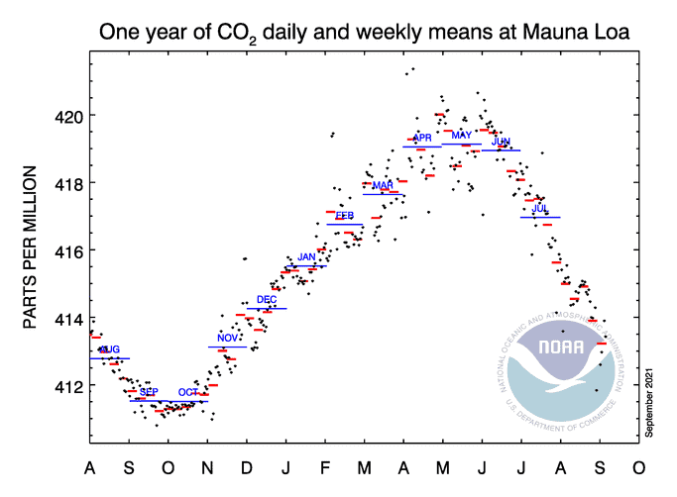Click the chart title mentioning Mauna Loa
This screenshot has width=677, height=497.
[x=365, y=33]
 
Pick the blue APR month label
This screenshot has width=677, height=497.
[x=422, y=138]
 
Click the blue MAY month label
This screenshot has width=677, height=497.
[x=462, y=136]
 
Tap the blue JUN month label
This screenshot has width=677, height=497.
[x=501, y=143]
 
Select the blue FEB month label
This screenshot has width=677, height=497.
[x=345, y=215]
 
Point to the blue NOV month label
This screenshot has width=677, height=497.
[x=228, y=339]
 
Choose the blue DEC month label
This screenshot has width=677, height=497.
[x=267, y=299]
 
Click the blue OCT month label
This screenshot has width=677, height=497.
[x=188, y=392]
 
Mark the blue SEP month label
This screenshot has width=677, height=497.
[x=149, y=392]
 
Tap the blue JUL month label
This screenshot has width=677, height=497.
[x=540, y=209]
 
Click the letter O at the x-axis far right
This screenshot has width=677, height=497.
[x=638, y=467]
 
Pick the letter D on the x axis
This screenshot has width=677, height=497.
[x=247, y=467]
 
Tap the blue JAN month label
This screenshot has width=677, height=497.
[x=306, y=257]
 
